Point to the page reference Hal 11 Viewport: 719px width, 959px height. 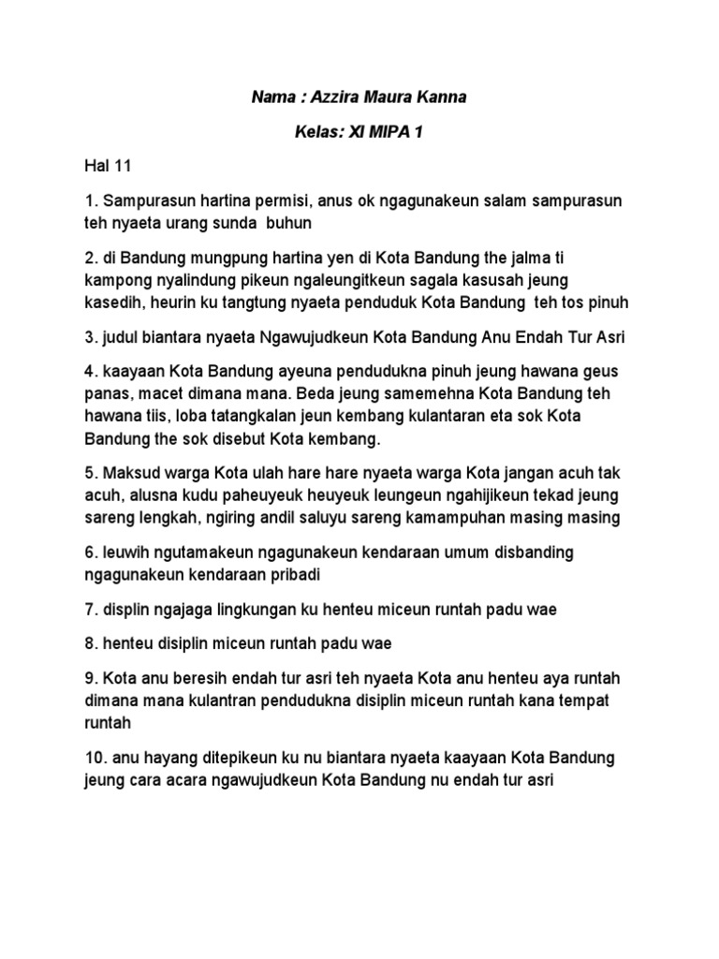[107, 168]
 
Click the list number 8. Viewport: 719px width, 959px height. [90, 643]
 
